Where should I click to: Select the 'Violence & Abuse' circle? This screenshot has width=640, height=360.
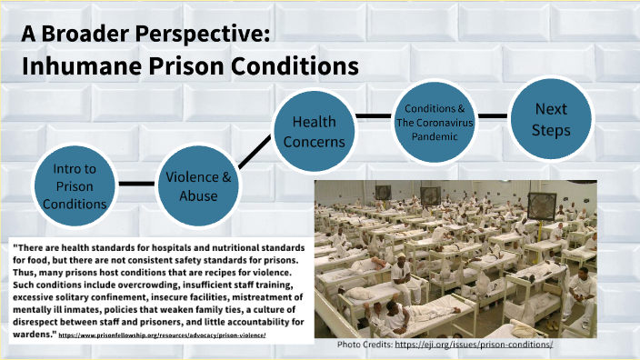[198, 185]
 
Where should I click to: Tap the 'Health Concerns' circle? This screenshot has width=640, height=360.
[314, 131]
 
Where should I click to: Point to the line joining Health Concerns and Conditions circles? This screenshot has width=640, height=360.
[374, 116]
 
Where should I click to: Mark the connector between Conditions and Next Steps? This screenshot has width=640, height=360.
[493, 116]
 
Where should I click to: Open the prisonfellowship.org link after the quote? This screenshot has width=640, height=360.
[168, 335]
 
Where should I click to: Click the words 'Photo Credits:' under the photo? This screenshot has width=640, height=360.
[364, 345]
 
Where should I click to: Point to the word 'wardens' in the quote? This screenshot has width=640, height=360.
[34, 334]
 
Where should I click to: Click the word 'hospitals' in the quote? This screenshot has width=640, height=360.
[186, 246]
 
